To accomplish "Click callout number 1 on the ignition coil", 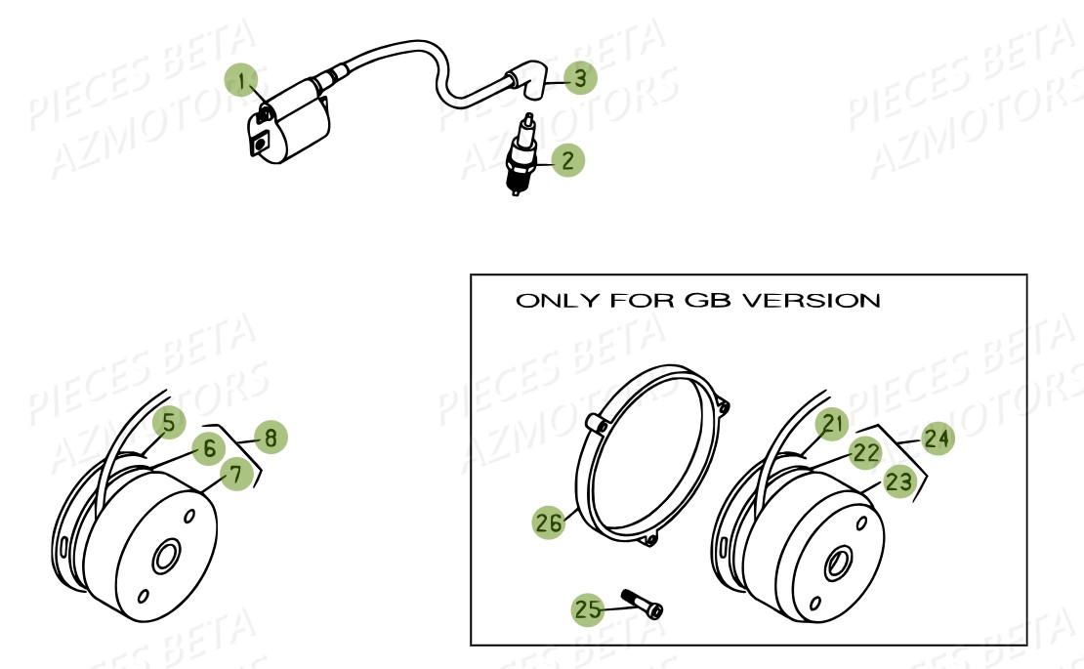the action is [x=241, y=82].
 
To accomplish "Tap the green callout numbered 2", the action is [x=567, y=160].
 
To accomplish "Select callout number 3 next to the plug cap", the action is [x=580, y=77].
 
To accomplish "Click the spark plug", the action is [x=521, y=155].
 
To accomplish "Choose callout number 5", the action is [x=169, y=422].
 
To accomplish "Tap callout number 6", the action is [x=208, y=448].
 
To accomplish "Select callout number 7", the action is [x=235, y=474].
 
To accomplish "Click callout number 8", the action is [x=271, y=437].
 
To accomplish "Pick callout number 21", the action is [x=832, y=424].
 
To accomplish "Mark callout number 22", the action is [x=865, y=453].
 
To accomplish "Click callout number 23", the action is [x=898, y=481].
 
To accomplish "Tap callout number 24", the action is [x=938, y=439].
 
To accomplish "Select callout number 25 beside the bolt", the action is [x=588, y=608].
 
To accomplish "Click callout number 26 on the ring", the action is [x=549, y=522].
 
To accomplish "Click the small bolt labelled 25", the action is [x=643, y=604].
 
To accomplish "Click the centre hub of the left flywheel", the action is [x=166, y=557].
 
